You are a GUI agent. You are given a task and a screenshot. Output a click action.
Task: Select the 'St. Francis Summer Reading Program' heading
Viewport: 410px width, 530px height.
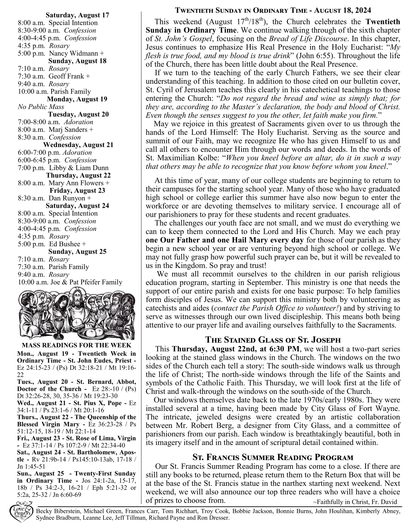[273, 457]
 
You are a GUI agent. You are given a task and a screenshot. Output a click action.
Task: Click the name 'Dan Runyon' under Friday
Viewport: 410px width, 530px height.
[67, 198]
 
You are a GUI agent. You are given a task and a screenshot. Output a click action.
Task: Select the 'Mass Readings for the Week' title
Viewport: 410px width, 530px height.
[76, 345]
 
